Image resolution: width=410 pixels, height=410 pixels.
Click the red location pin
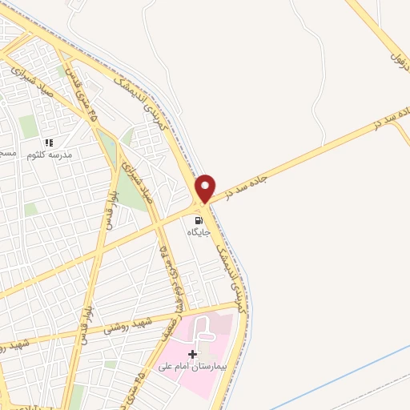[x=206, y=189]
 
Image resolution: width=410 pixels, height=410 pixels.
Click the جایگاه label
[x=199, y=232]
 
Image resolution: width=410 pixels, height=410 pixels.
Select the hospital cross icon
[x=192, y=354]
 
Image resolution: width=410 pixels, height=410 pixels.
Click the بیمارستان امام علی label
[x=193, y=367]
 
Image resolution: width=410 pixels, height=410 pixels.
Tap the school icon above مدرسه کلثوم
[x=48, y=143]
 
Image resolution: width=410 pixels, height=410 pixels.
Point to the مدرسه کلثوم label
[x=50, y=155]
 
